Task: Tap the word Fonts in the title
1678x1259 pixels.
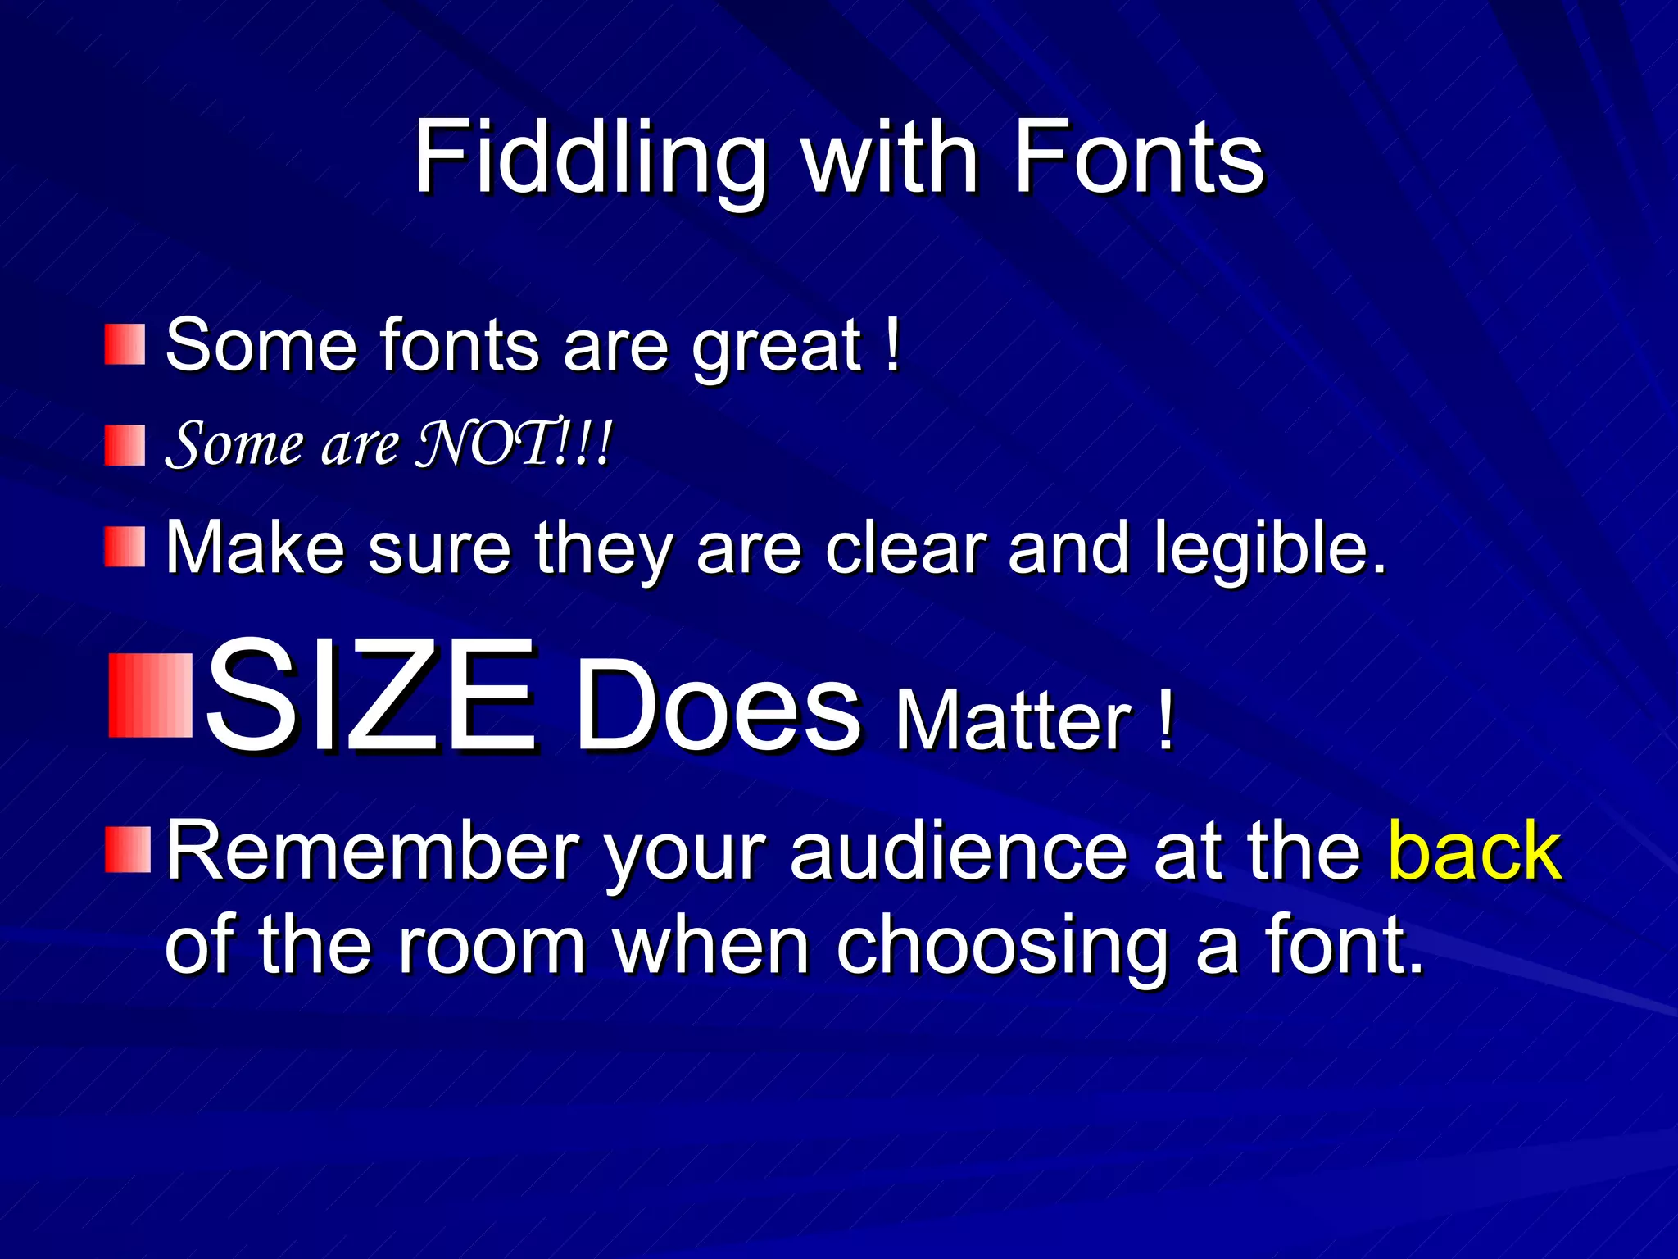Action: (x=1139, y=157)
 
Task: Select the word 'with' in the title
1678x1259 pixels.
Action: (x=889, y=157)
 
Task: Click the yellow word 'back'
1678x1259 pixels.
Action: (x=1475, y=852)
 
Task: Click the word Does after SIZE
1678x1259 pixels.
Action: (x=718, y=707)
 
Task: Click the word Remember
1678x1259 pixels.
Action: (x=374, y=852)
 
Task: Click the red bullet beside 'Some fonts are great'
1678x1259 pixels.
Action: (x=125, y=344)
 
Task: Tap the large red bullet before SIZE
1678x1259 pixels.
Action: (x=150, y=695)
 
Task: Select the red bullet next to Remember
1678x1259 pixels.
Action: (x=128, y=850)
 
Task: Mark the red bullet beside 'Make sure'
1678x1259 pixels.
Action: (x=125, y=547)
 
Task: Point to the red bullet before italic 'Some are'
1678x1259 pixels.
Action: (x=125, y=445)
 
